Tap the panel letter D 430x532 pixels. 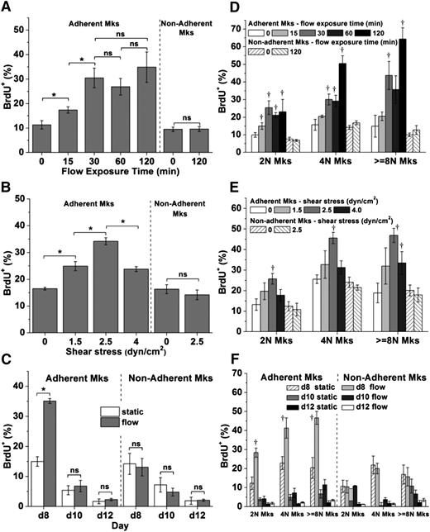coord(225,7)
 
